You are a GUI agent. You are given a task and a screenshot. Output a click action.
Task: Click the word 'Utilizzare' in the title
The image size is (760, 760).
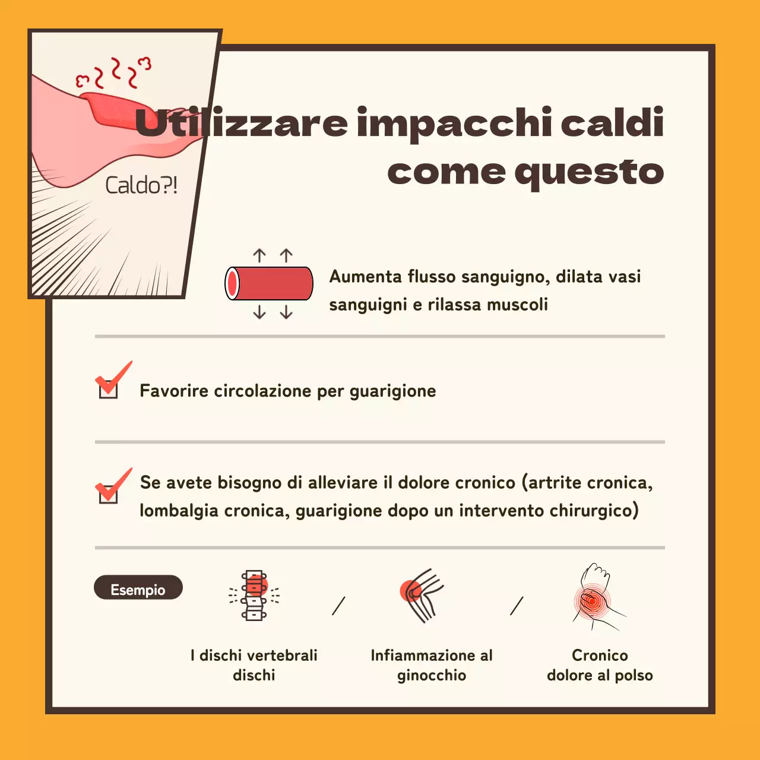click(241, 122)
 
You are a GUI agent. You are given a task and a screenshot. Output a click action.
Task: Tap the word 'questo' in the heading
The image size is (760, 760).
click(589, 172)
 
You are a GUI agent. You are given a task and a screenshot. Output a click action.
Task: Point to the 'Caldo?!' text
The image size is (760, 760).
click(141, 185)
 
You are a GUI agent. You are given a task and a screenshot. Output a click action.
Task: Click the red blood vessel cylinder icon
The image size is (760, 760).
click(269, 283)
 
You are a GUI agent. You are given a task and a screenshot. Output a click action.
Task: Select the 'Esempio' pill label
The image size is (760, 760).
click(138, 588)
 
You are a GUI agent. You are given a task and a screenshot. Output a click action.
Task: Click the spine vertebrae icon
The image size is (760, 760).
click(255, 596)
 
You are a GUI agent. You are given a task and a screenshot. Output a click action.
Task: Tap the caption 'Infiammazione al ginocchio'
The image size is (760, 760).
click(432, 665)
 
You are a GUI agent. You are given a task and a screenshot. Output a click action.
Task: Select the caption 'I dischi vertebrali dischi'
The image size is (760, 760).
click(254, 665)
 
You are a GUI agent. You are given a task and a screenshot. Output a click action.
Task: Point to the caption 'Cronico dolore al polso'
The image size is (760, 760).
click(600, 665)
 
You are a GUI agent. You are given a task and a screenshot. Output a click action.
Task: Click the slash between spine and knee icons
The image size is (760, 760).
click(338, 606)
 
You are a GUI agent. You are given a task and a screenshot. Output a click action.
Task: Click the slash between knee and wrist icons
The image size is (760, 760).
click(517, 606)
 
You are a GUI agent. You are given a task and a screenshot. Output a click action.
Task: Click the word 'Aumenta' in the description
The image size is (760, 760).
click(366, 277)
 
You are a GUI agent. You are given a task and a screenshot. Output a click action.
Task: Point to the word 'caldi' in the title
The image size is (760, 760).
click(612, 122)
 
